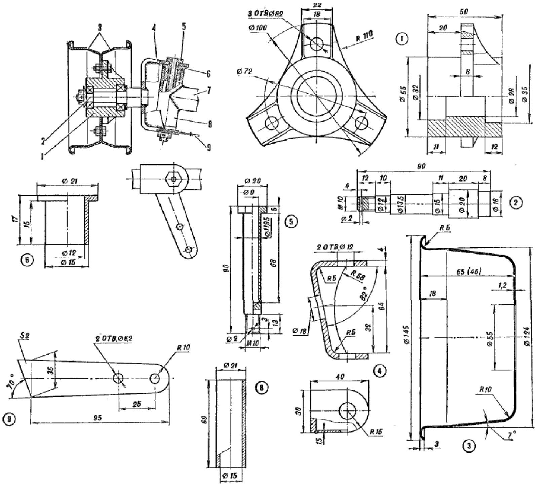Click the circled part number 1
pos(401,39)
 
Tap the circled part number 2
pos(515,202)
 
